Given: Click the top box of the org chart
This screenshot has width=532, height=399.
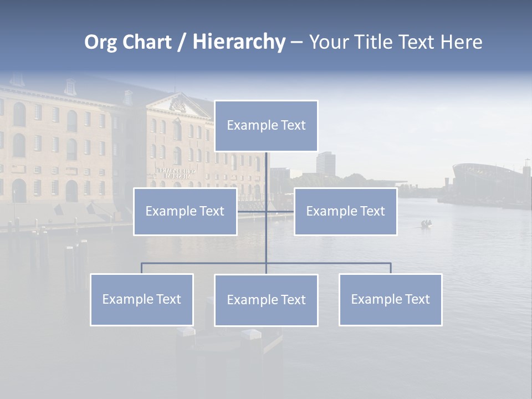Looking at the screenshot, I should point(266,126).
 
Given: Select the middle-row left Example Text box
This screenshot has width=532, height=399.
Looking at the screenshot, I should point(185,212).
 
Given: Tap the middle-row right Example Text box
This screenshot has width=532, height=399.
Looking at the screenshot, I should point(345,212).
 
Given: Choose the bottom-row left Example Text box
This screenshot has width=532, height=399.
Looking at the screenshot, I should point(142,300).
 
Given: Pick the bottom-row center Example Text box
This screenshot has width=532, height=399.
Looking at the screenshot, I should point(266,300).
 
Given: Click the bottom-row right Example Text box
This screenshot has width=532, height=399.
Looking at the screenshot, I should point(390,300).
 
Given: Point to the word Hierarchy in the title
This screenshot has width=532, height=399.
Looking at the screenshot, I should point(238,42).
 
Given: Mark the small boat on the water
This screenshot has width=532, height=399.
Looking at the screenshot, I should point(426,224).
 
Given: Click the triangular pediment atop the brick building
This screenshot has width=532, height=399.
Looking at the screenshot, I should point(177,104).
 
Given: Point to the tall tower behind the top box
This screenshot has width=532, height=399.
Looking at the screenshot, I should point(325,163).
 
